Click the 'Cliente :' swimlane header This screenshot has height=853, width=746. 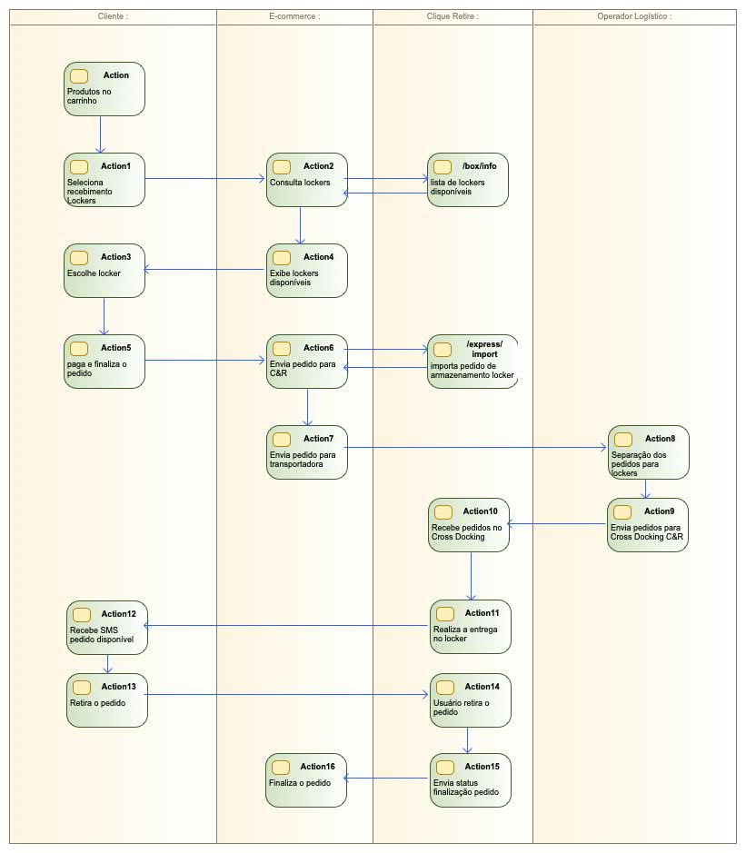point(113,16)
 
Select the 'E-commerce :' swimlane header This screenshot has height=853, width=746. point(294,16)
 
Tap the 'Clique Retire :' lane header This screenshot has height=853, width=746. point(453,16)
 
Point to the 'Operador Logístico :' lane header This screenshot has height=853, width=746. point(634,16)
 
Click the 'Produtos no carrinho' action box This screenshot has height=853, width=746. point(104,89)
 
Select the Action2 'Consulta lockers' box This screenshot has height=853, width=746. point(307,180)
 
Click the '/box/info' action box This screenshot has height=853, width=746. point(468,180)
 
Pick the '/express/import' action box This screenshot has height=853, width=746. point(472,362)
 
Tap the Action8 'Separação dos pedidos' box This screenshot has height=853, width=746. point(648,452)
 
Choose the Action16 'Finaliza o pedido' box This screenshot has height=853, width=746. point(306,779)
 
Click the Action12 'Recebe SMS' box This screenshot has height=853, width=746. point(107,627)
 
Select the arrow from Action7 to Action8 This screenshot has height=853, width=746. point(477,447)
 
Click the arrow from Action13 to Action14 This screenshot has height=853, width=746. point(287,696)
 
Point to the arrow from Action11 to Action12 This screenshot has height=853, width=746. point(287,625)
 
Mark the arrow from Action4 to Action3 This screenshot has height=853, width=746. point(205,269)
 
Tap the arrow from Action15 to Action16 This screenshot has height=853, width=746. point(389,778)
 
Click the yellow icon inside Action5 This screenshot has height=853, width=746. point(79,349)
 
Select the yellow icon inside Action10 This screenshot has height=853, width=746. point(443,512)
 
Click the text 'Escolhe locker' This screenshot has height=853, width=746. point(94,273)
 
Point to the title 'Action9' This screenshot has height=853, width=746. point(659,511)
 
